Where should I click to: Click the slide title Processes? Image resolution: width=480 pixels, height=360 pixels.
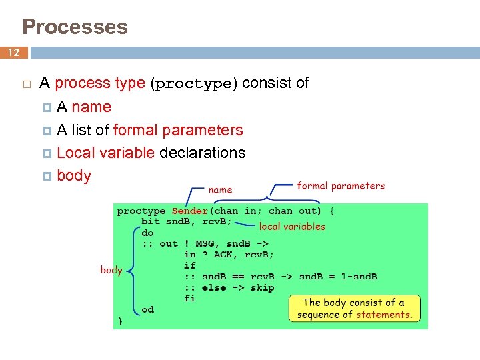point(75,27)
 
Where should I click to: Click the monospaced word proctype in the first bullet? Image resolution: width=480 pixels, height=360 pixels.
point(194,84)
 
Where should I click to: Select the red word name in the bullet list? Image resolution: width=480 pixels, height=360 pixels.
point(91,107)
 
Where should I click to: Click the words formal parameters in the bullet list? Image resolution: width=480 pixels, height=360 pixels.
point(178,130)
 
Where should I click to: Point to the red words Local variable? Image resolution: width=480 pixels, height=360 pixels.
point(106,153)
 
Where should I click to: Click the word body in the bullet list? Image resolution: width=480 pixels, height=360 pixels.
point(74,176)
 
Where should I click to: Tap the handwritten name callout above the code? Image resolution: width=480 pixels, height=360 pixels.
point(221,190)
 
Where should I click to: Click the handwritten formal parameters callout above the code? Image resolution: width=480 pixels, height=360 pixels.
point(341,186)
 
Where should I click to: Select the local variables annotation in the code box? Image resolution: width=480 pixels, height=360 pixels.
point(292,227)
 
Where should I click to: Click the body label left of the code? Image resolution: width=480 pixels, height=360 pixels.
point(111,270)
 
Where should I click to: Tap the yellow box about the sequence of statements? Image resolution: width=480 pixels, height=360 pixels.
point(355,309)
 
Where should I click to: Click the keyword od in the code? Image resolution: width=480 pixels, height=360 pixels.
point(147,309)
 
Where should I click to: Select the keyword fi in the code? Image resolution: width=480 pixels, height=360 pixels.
point(190,298)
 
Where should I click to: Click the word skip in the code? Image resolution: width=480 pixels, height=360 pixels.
point(262,287)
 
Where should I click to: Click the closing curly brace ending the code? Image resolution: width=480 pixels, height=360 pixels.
point(121,321)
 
